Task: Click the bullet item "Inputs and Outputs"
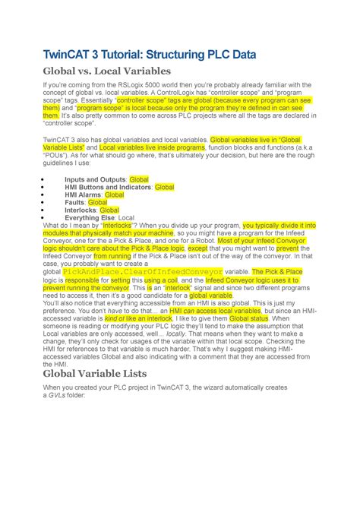pyautogui.click(x=96, y=179)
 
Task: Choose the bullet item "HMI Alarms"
pyautogui.click(x=84, y=194)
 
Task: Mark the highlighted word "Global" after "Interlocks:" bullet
pyautogui.click(x=109, y=210)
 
